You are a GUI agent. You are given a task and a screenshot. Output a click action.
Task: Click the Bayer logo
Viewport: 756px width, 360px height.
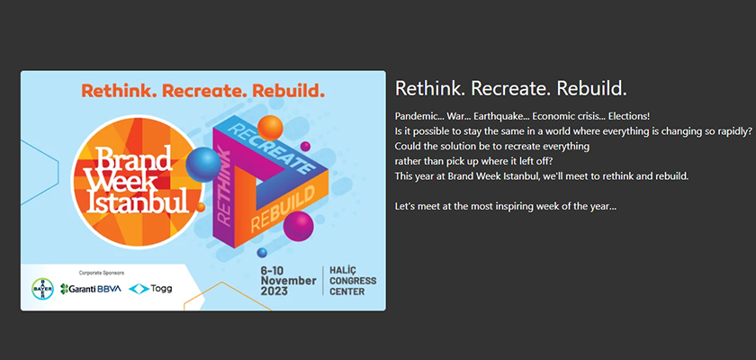point(42,289)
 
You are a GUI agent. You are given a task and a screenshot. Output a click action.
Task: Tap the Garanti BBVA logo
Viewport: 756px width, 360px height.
point(91,289)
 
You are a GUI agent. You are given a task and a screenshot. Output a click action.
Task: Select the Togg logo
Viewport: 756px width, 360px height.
point(150,289)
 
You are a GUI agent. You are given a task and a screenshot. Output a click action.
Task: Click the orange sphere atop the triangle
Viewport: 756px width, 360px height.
point(270,128)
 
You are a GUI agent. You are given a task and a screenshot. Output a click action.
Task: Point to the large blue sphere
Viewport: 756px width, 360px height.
point(203,165)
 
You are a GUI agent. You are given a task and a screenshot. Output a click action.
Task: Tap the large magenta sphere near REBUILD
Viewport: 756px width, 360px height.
point(299,226)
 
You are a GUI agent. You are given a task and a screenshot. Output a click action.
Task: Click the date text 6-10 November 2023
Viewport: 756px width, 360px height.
point(288,281)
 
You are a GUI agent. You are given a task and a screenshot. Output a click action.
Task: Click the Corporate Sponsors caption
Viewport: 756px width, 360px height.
point(101,273)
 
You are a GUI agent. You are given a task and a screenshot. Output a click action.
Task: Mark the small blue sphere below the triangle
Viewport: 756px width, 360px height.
point(262,253)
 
